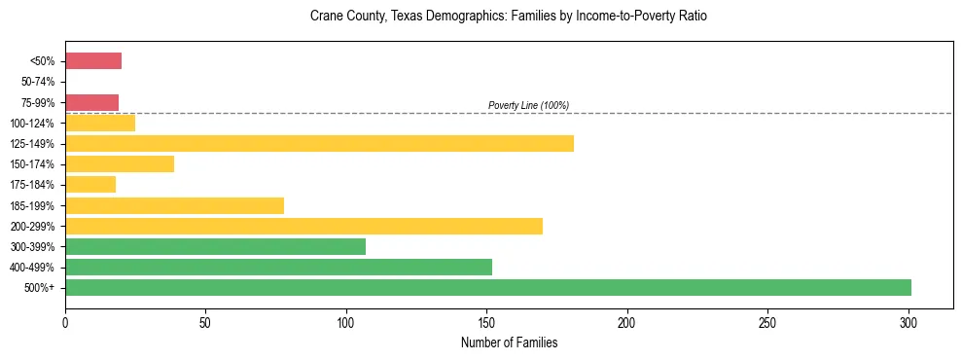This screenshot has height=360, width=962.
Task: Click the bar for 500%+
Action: click(488, 287)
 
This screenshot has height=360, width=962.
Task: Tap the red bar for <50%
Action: click(93, 61)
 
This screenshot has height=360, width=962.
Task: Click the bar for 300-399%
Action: click(215, 246)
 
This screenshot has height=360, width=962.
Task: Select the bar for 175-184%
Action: click(90, 184)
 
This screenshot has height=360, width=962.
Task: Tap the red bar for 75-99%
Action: click(91, 102)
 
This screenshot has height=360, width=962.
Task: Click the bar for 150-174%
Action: click(120, 163)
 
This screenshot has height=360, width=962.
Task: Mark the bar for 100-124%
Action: click(100, 123)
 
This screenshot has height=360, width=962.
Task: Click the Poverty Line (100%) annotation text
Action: click(528, 105)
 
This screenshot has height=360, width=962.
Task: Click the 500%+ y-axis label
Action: click(42, 288)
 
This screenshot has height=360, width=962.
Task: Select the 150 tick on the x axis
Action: click(486, 321)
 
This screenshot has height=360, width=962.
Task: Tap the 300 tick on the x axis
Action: click(909, 321)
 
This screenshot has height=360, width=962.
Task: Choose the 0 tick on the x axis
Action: click(65, 321)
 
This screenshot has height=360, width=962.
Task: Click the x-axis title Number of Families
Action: click(509, 342)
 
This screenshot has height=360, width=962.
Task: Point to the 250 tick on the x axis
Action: click(767, 321)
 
